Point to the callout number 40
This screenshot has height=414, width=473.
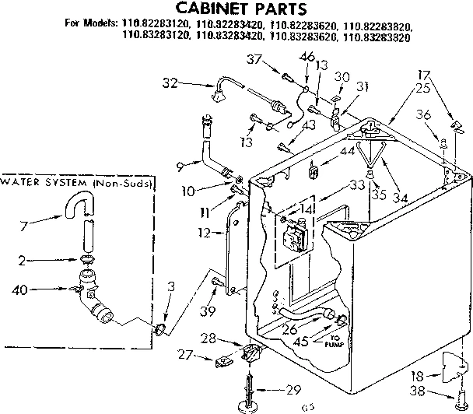pyautogui.click(x=21, y=292)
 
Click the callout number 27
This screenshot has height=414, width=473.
pyautogui.click(x=185, y=355)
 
